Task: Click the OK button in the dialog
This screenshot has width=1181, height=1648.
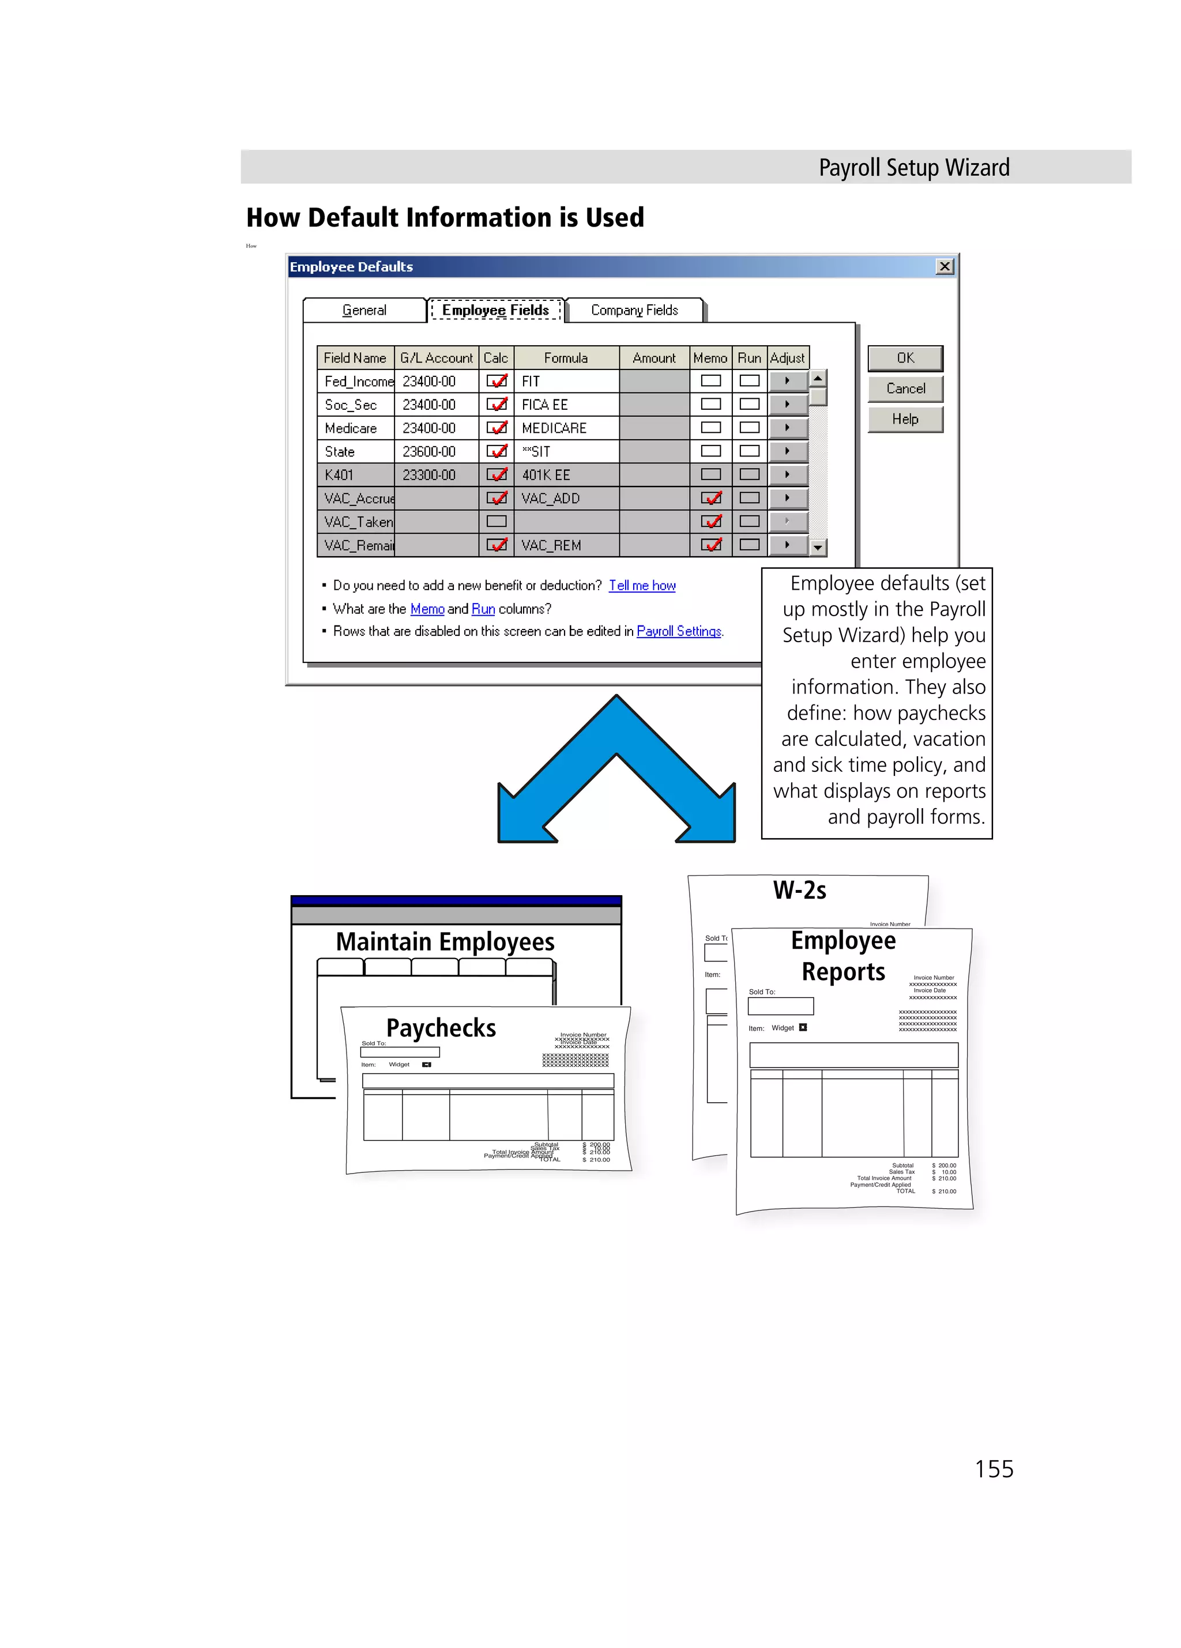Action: point(905,358)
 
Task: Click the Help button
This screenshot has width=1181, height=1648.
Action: point(905,419)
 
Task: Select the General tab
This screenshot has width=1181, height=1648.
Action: point(364,310)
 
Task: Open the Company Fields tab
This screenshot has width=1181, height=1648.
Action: point(634,310)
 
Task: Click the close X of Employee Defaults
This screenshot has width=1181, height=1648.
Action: point(944,267)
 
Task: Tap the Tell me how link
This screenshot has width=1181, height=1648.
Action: point(642,586)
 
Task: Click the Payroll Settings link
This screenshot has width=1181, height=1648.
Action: point(679,631)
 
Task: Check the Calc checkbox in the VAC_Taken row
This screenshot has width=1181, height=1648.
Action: point(497,521)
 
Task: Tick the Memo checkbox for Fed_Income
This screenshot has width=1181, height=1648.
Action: point(710,381)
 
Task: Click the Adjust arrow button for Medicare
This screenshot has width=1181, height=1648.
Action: point(787,428)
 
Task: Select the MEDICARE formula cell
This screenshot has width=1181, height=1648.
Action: point(566,428)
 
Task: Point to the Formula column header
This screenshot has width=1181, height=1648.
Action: point(566,357)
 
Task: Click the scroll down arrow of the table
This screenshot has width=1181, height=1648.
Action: point(818,547)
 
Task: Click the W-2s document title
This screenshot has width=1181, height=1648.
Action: point(799,890)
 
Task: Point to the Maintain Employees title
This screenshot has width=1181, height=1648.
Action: point(445,942)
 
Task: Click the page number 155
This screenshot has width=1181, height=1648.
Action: point(994,1469)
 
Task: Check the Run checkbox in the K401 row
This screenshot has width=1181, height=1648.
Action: point(749,474)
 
